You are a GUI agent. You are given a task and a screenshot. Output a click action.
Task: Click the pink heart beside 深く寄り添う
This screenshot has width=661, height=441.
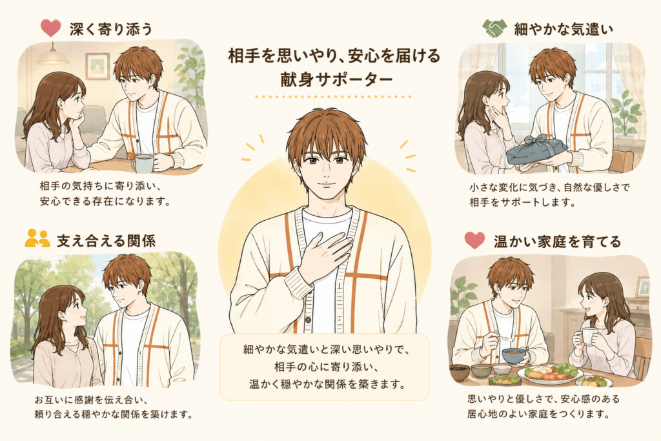click(x=50, y=28)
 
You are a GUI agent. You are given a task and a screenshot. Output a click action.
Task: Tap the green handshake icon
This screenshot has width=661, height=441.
click(x=494, y=28)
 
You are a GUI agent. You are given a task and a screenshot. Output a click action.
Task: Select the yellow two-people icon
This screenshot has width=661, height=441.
click(x=37, y=238)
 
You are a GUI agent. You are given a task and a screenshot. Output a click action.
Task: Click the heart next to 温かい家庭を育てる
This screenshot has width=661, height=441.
click(x=474, y=240)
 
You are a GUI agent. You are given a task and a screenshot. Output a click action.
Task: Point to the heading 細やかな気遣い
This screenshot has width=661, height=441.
click(x=564, y=29)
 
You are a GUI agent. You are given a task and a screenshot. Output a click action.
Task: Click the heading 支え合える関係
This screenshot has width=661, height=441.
click(x=107, y=241)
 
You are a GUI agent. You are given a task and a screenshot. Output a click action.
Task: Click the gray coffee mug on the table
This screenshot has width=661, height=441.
click(x=143, y=163)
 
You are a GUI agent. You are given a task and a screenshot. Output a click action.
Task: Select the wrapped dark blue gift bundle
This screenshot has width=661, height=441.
click(x=533, y=150)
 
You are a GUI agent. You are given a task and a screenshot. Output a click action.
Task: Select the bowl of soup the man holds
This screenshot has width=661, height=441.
click(x=514, y=356)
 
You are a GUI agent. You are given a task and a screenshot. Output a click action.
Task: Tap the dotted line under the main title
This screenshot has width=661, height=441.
click(x=333, y=97)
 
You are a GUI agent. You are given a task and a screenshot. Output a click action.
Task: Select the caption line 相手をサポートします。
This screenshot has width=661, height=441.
click(x=523, y=202)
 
